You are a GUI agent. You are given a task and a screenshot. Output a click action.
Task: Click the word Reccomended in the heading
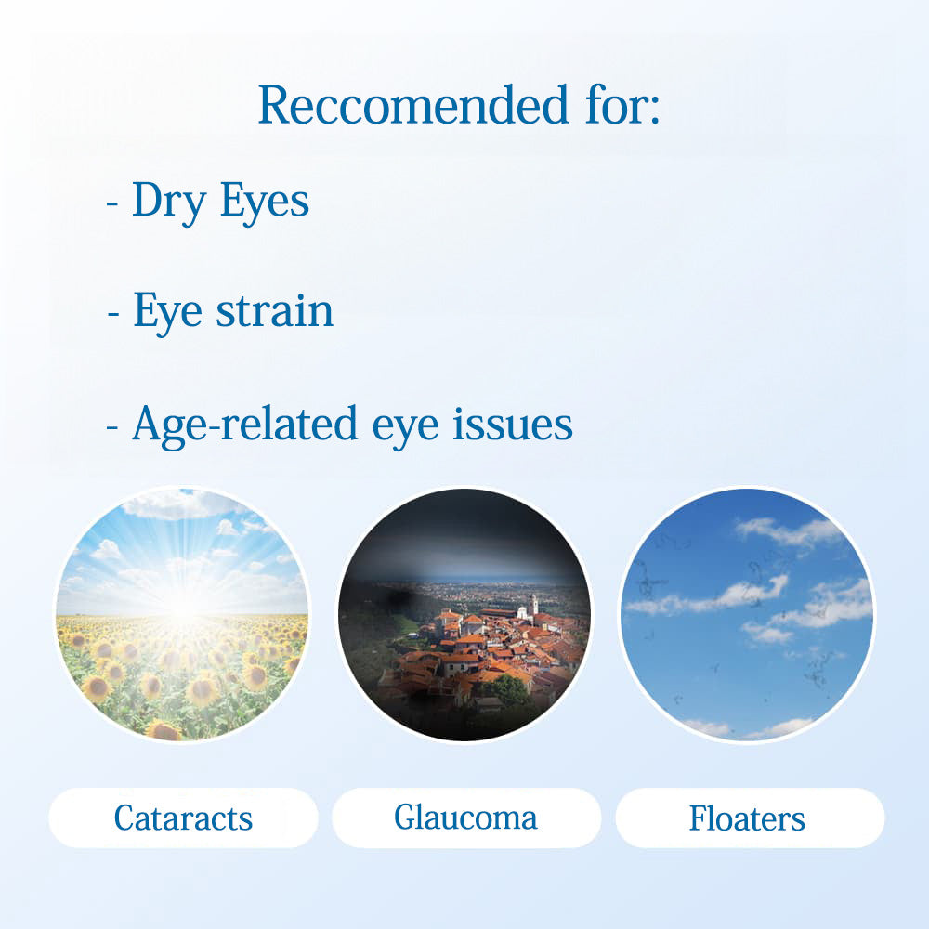click(413, 105)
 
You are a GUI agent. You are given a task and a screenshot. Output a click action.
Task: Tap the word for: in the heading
click(622, 105)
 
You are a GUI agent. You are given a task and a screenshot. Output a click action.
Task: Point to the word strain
click(274, 310)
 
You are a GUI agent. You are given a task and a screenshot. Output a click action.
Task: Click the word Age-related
click(244, 425)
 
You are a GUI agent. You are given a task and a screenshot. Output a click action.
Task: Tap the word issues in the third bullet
click(513, 424)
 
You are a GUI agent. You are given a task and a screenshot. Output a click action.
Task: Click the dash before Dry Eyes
click(112, 203)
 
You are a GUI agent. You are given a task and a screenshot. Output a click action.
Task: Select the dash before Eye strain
click(113, 314)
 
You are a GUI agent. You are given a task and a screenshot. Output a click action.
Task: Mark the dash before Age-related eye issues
click(112, 426)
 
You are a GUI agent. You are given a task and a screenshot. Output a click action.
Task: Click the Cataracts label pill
click(183, 818)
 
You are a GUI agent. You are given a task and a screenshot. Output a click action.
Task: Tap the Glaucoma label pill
click(466, 818)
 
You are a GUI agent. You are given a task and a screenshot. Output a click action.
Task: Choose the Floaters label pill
click(750, 818)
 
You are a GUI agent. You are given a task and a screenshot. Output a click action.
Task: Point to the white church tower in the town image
click(534, 606)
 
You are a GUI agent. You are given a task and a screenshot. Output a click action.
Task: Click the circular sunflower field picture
click(182, 614)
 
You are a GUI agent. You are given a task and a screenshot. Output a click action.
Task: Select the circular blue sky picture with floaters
click(747, 614)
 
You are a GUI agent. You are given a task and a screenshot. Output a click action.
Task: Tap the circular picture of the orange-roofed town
click(464, 614)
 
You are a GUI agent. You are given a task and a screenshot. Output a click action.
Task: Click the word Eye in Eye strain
click(167, 311)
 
